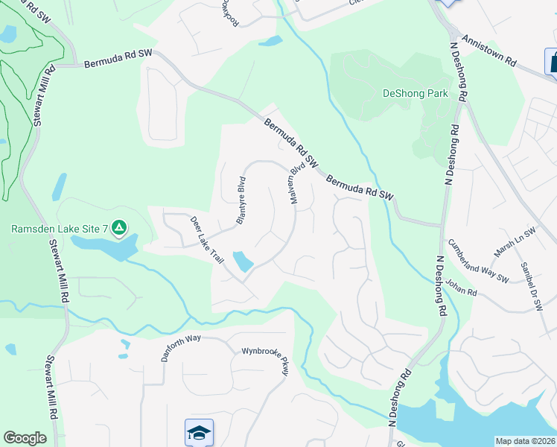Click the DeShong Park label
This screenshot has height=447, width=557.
(416, 93)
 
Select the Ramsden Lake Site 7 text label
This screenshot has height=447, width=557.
(61, 229)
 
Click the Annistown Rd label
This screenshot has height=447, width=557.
(488, 51)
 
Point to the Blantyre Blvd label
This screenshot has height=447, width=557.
(241, 200)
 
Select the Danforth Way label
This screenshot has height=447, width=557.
(182, 347)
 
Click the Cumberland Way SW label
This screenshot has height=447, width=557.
(477, 261)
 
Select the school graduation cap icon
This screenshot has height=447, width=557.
(199, 432)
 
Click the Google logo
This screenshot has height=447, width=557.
(25, 438)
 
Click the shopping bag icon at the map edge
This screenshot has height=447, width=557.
(553, 62)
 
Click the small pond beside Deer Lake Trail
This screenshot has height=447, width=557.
(243, 261)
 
